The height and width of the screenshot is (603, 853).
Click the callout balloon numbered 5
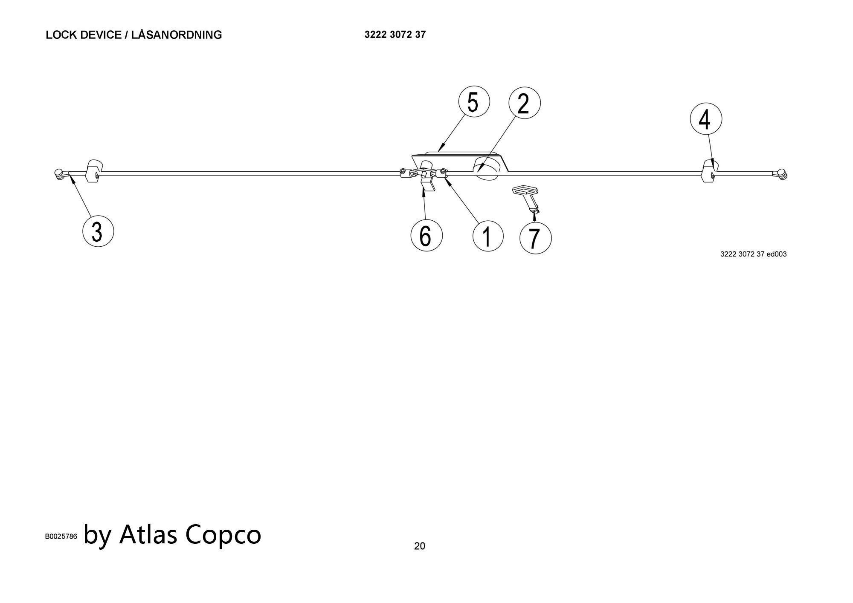coord(474,101)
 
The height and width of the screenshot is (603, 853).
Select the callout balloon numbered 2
coord(525,103)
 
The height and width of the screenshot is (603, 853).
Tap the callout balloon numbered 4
coord(706,118)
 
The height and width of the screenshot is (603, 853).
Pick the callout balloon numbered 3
coord(98,231)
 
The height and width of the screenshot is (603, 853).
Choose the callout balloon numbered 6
coord(426,235)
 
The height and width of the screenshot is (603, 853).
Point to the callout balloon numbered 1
coord(488,236)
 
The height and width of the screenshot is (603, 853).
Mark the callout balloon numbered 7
coord(536,238)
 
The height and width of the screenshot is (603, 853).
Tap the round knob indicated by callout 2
coord(487,168)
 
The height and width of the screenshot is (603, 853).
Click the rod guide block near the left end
coord(95,170)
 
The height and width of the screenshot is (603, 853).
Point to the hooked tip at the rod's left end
coord(60,173)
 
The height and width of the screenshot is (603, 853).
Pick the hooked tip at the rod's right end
coord(781,173)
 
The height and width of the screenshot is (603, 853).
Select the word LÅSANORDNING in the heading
coord(177,35)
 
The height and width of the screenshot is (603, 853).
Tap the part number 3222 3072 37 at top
coord(395,35)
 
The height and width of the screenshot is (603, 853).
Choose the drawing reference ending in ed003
coord(753,254)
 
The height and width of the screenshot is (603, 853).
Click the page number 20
coord(420,546)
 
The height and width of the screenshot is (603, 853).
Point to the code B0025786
coord(61,537)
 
